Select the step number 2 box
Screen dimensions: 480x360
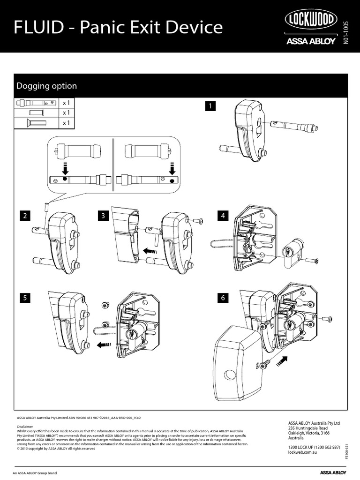(24, 216)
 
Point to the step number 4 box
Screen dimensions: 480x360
(223, 216)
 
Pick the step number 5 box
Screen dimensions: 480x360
(24, 297)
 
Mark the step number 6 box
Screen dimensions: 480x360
(223, 297)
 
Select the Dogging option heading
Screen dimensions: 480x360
(47, 86)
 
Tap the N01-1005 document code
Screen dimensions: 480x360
(346, 33)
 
